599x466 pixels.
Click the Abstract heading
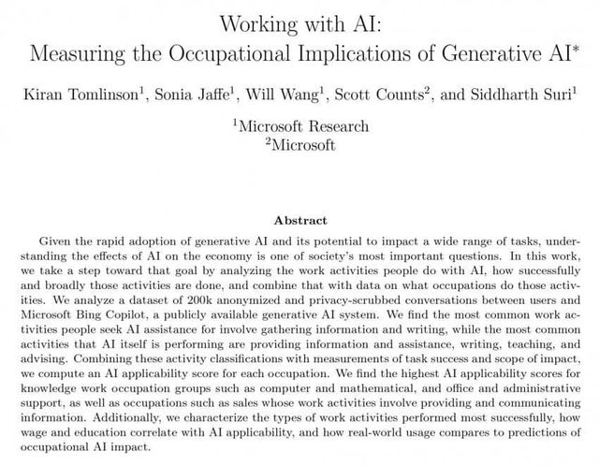click(x=299, y=221)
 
